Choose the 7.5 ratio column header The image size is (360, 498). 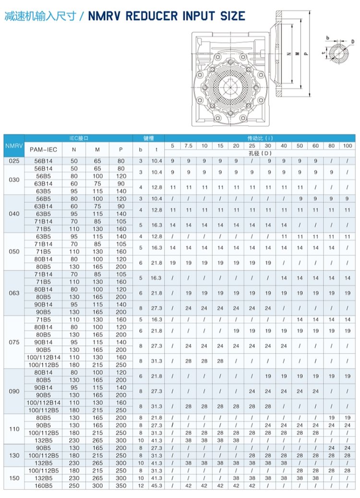point(188,145)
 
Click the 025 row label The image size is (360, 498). point(14,161)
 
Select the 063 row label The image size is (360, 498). point(14,293)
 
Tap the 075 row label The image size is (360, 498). point(14,342)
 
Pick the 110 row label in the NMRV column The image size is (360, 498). point(14,429)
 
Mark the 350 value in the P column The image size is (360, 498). point(120,486)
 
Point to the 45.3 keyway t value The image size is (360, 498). point(156,486)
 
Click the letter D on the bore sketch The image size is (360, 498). point(353,42)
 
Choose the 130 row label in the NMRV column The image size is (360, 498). point(14,455)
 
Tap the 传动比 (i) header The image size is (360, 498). point(259,138)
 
